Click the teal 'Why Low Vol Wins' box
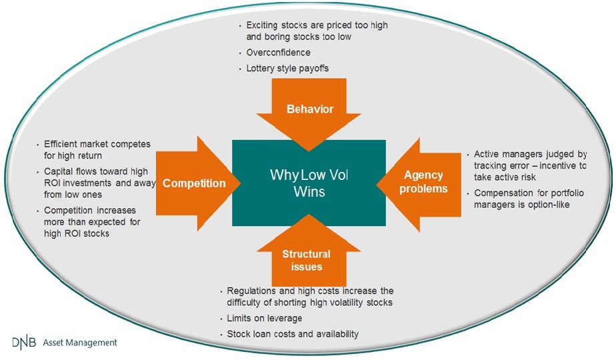309,183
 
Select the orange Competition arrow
197,183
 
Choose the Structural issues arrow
309,255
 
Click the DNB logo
24,343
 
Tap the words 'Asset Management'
80,343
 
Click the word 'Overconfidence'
278,52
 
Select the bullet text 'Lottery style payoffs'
287,69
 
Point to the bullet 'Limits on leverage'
265,318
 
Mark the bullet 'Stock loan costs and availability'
293,334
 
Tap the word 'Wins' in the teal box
309,191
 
